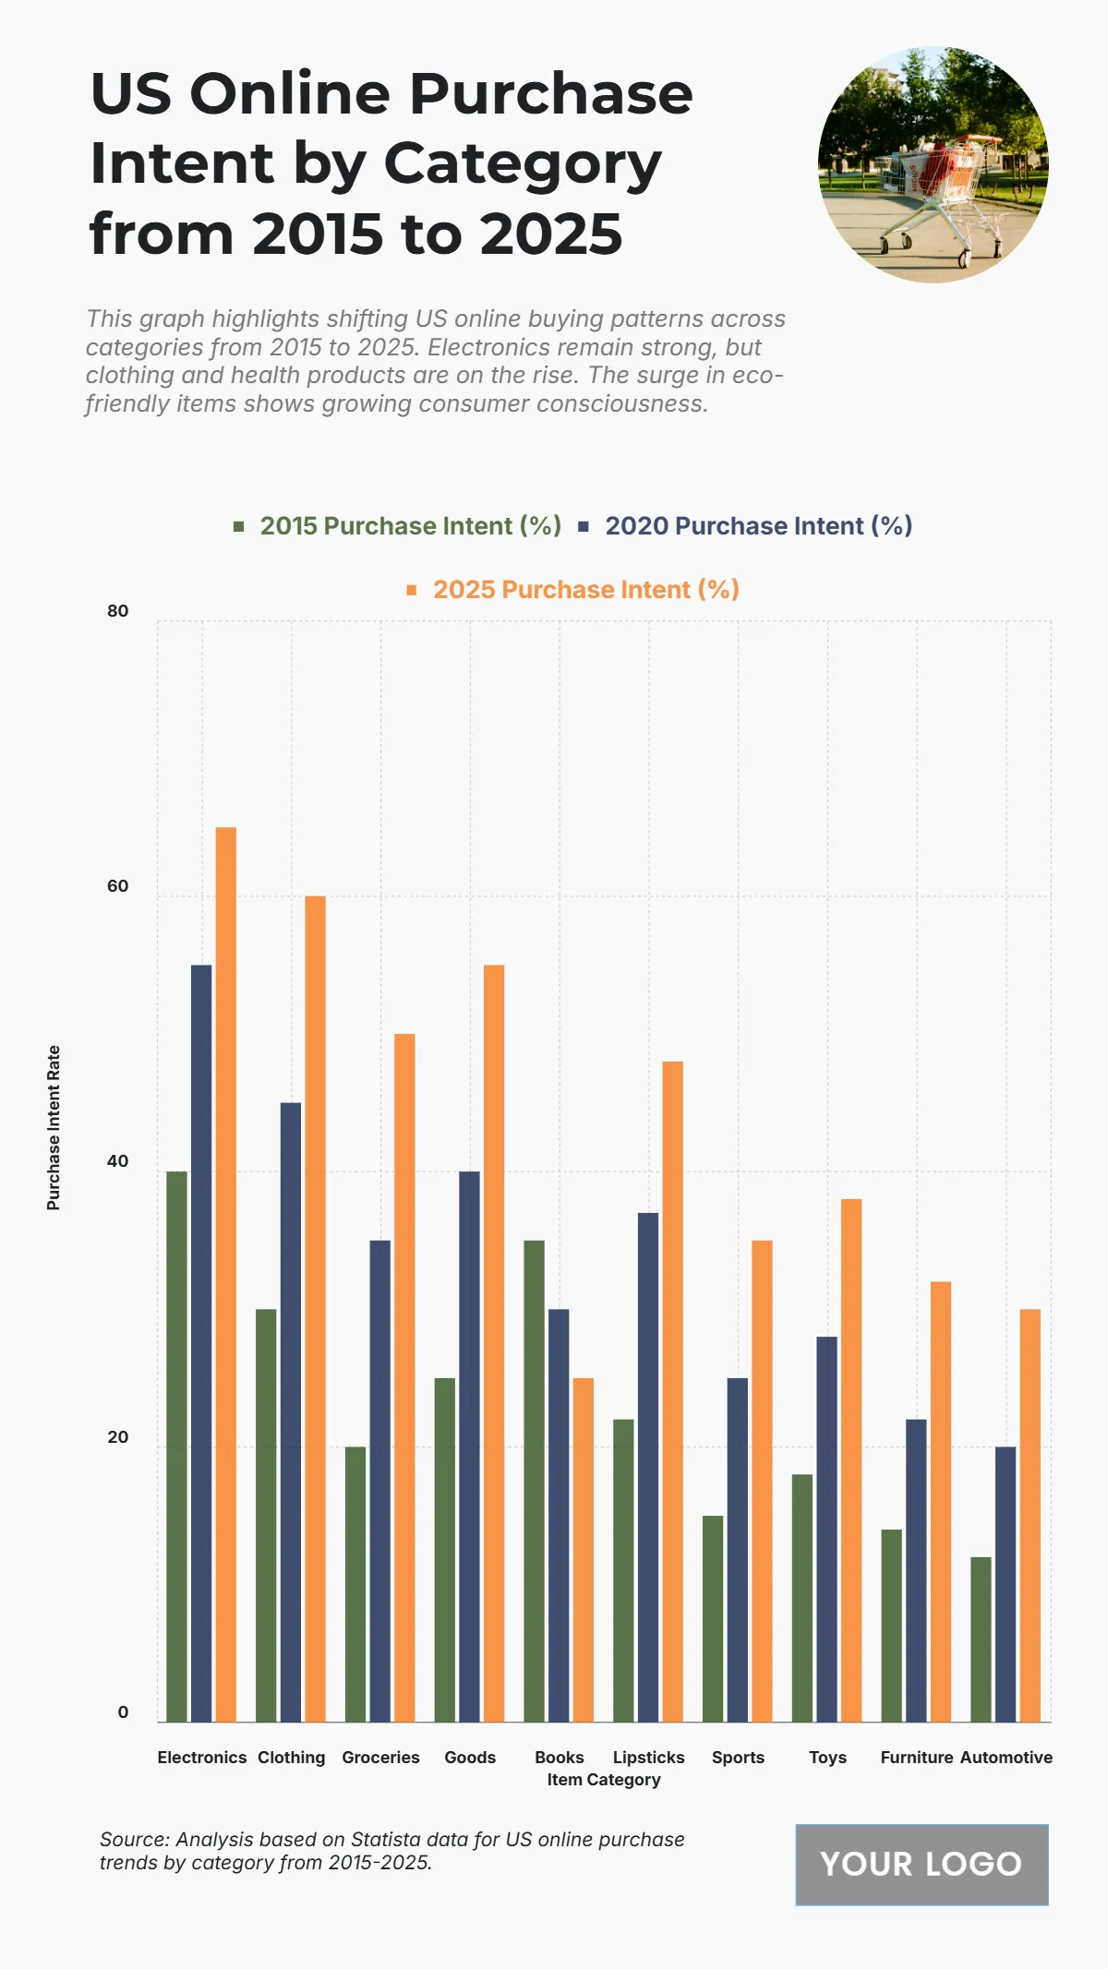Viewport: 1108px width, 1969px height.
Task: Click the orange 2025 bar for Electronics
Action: pyautogui.click(x=225, y=1274)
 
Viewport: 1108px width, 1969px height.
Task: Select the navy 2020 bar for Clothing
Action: pyautogui.click(x=291, y=1412)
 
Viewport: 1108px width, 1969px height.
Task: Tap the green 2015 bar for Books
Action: pyautogui.click(x=534, y=1481)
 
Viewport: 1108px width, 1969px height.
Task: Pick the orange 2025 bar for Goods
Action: pyautogui.click(x=494, y=1343)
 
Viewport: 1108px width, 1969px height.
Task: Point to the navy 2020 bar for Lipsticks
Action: pyautogui.click(x=648, y=1468)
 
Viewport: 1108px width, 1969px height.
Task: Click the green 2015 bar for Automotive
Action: pyautogui.click(x=981, y=1639)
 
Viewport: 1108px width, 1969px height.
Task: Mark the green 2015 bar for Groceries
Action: pyautogui.click(x=355, y=1584)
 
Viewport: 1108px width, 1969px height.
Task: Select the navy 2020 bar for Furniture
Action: pyautogui.click(x=916, y=1570)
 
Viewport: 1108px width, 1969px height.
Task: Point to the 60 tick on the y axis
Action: pyautogui.click(x=118, y=886)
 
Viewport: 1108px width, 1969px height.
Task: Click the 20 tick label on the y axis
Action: pyautogui.click(x=118, y=1437)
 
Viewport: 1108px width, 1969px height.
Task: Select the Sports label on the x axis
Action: pyautogui.click(x=738, y=1758)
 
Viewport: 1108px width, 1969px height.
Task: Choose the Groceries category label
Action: pyautogui.click(x=380, y=1758)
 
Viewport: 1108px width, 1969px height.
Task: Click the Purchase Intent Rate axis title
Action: pyautogui.click(x=54, y=1127)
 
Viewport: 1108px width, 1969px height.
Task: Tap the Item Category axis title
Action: pyautogui.click(x=604, y=1780)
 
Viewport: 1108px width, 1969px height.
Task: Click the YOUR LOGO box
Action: pyautogui.click(x=921, y=1864)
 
